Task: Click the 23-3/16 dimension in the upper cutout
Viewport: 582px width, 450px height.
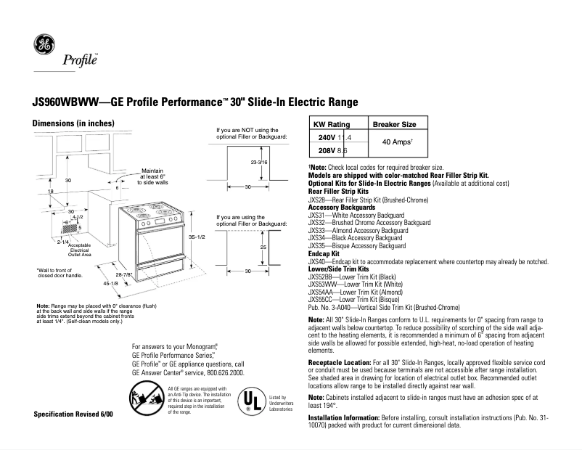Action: point(259,163)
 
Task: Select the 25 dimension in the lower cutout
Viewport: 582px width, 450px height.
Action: point(263,247)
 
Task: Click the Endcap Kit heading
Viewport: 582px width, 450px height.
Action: point(324,254)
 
